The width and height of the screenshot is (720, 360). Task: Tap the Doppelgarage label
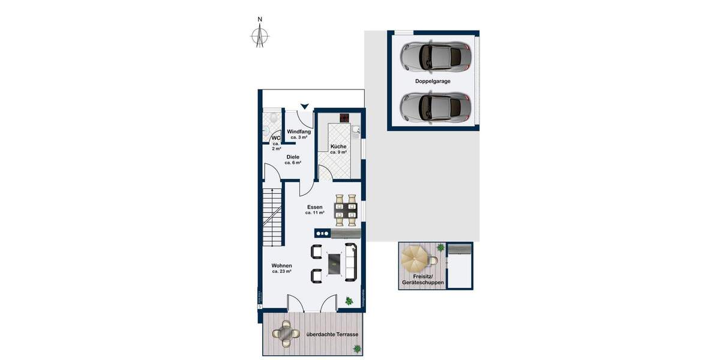433,80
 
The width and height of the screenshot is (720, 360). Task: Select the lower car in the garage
435,107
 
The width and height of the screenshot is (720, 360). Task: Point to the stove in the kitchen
345,118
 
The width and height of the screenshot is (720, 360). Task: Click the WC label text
276,139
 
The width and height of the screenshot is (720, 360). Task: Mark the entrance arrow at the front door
305,106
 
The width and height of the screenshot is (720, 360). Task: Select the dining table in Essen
346,208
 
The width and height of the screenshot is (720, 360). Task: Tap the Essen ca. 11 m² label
314,209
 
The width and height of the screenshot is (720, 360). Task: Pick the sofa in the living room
352,262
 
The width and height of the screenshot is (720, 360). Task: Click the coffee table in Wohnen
334,262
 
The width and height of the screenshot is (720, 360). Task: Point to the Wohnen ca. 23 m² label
281,268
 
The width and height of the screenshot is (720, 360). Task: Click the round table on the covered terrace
285,332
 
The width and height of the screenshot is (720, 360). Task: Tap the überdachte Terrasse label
332,334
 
